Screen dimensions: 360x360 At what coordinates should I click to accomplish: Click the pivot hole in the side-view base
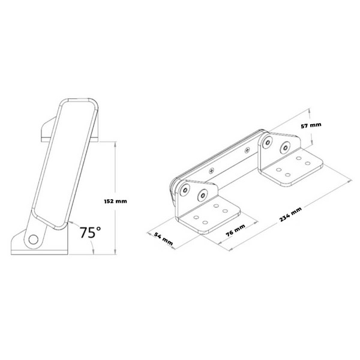pyautogui.click(x=33, y=238)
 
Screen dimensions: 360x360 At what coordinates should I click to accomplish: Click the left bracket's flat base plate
pyautogui.click(x=210, y=217)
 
